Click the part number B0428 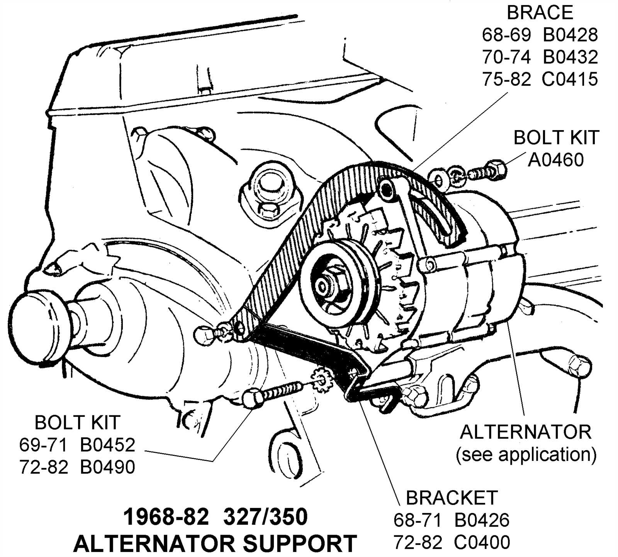click(x=570, y=35)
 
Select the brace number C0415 click(x=570, y=79)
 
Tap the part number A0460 click(x=555, y=160)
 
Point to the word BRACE click(x=540, y=13)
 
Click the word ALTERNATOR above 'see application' click(x=525, y=432)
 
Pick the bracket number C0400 click(x=482, y=542)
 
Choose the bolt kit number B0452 click(x=107, y=445)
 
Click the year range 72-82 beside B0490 click(x=43, y=467)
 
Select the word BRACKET click(x=451, y=498)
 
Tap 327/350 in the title click(x=265, y=517)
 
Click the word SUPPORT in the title click(x=299, y=543)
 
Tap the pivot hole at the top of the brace click(x=385, y=188)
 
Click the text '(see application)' click(x=526, y=454)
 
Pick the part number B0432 click(x=570, y=57)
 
